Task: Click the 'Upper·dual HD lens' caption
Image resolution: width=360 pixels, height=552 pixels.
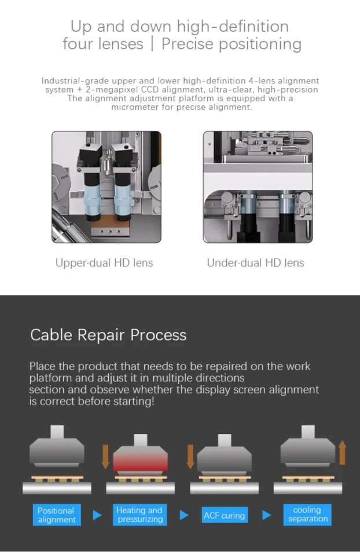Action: click(x=104, y=263)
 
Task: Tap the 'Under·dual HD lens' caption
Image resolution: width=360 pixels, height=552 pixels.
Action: click(x=255, y=263)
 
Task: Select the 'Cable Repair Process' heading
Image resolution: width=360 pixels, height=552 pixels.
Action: click(x=108, y=335)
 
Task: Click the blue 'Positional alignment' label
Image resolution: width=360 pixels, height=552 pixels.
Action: click(x=57, y=515)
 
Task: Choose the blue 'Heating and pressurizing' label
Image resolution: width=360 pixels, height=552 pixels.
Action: click(x=140, y=515)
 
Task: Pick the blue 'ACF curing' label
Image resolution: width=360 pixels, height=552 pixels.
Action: click(x=225, y=516)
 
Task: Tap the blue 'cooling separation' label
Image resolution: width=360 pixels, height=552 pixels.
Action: click(x=307, y=515)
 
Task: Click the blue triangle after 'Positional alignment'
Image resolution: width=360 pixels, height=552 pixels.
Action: click(x=97, y=515)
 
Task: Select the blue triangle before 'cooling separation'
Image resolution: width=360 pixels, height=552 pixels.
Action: click(x=267, y=515)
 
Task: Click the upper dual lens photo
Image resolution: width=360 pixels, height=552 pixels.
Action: click(x=106, y=187)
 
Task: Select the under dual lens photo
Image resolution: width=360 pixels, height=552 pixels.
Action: click(x=258, y=187)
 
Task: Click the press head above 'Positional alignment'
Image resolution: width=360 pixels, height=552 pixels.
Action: click(x=57, y=446)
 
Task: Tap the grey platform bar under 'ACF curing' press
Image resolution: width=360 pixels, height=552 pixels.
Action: click(x=225, y=488)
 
